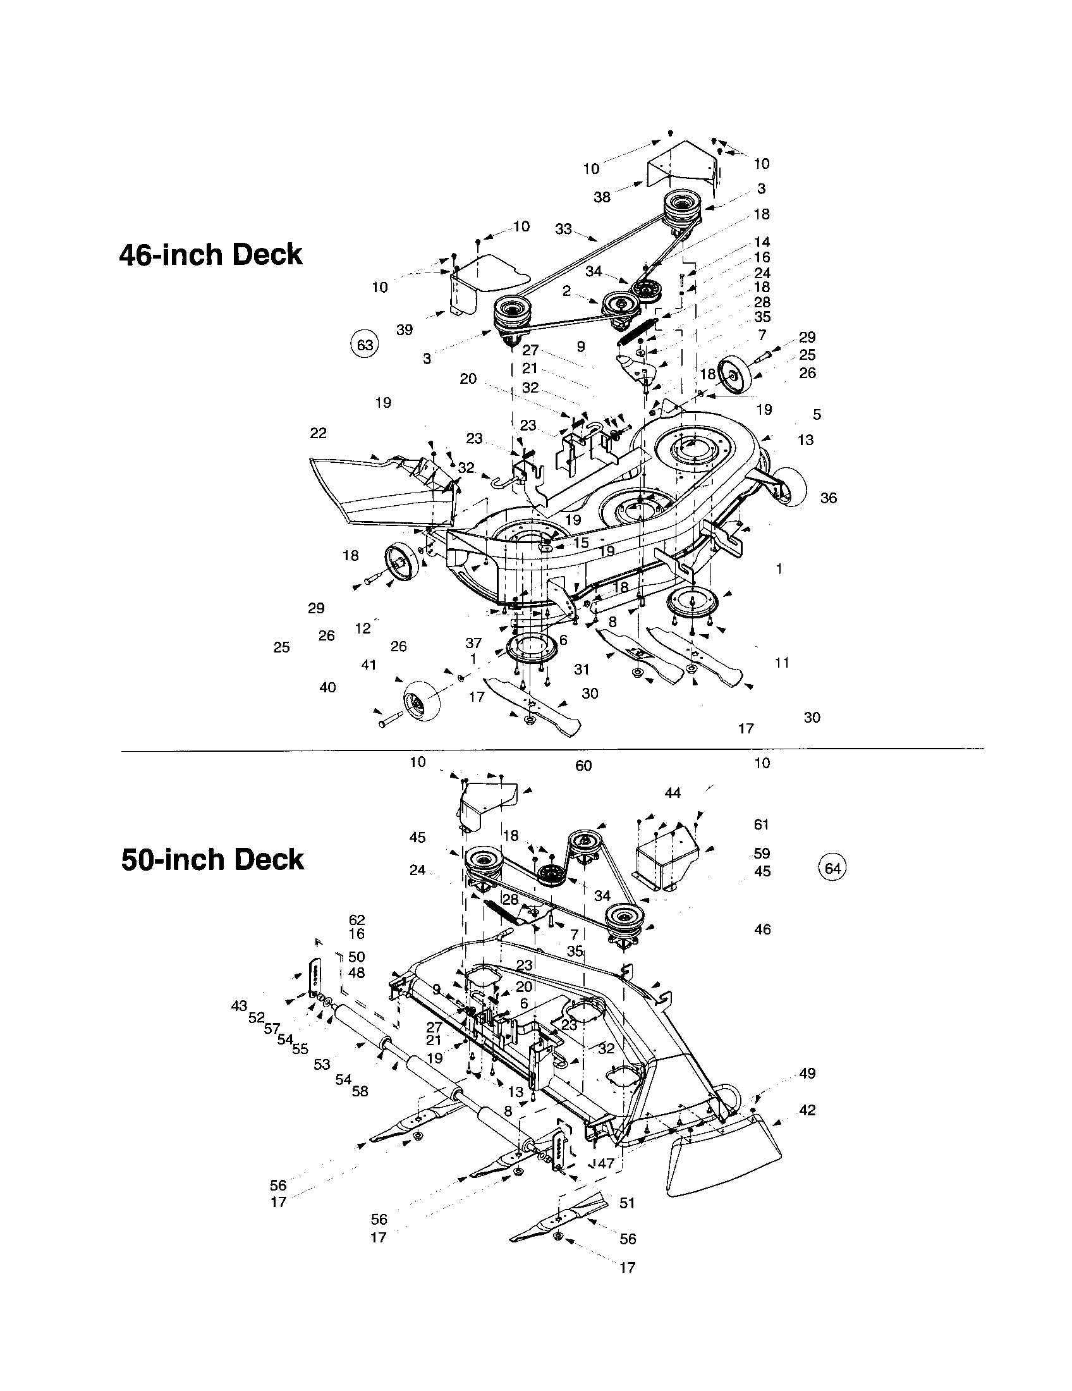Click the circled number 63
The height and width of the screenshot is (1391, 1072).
(365, 345)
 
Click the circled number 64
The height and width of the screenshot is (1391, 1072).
(832, 868)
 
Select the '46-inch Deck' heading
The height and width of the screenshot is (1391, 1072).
(210, 255)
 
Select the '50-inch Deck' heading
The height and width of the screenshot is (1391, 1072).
(212, 860)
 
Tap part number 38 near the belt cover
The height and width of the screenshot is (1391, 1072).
(602, 197)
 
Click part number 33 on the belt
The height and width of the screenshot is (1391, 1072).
(563, 229)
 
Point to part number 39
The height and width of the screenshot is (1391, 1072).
(405, 330)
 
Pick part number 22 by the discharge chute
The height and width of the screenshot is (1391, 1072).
(319, 433)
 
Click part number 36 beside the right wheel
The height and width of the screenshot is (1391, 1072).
(828, 498)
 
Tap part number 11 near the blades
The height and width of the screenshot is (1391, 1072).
(782, 663)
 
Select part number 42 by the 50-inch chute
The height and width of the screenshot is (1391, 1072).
(807, 1110)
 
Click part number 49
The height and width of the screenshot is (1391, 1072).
(807, 1073)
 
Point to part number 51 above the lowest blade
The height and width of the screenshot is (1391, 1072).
(627, 1203)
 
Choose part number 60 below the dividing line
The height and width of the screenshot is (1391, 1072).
(583, 766)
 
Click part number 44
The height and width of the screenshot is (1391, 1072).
(673, 793)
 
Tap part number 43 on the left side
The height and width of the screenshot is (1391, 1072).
(239, 1007)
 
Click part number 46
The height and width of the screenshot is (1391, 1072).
(762, 930)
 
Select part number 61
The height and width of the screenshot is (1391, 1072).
(762, 824)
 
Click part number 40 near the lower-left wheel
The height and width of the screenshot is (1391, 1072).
(327, 688)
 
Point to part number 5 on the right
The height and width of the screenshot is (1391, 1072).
(817, 415)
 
